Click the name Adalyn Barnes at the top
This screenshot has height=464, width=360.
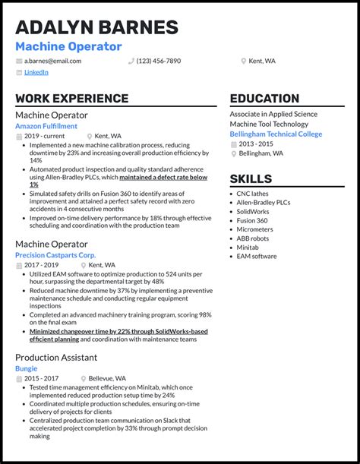(96, 27)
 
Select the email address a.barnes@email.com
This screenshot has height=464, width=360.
(52, 61)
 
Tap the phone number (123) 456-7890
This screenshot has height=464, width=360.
(159, 61)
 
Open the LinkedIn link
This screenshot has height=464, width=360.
(36, 73)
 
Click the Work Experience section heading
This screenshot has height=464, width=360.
(71, 99)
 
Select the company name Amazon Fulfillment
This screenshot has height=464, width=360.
(46, 126)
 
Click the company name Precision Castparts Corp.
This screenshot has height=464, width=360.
(55, 255)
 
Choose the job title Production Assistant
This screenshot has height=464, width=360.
(56, 357)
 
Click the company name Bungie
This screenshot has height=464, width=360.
(27, 368)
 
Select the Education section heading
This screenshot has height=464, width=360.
(264, 99)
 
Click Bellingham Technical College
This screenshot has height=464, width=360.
(276, 134)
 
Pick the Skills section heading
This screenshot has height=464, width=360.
(251, 179)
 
